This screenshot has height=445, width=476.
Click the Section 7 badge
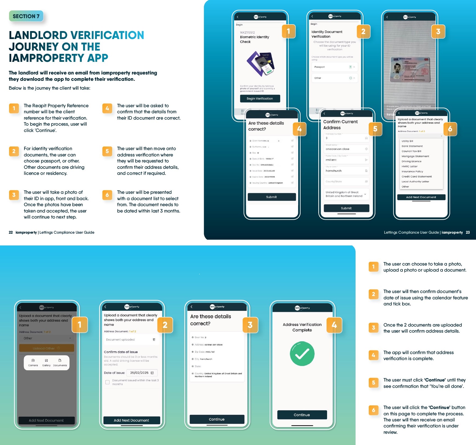(x=26, y=16)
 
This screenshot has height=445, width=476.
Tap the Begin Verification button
(x=260, y=99)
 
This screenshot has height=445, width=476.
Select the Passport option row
(x=334, y=67)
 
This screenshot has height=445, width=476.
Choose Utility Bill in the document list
(x=407, y=141)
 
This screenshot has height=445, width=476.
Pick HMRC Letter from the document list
(x=410, y=166)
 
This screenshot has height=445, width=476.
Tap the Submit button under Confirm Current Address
(x=346, y=208)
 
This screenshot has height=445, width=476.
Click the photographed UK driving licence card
(x=410, y=70)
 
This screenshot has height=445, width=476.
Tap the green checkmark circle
(x=302, y=354)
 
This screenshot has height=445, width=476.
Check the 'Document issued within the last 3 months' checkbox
(x=108, y=382)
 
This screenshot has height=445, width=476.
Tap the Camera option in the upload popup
(x=33, y=363)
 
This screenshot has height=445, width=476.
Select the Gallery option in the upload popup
(x=46, y=363)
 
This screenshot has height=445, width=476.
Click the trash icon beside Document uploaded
(x=154, y=340)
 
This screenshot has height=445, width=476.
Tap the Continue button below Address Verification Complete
(x=302, y=415)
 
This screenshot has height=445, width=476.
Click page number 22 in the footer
(x=11, y=233)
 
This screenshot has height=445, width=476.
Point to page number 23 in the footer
(x=468, y=233)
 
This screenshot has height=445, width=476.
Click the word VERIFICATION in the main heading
(x=107, y=35)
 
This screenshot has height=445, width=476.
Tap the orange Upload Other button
(x=46, y=348)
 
